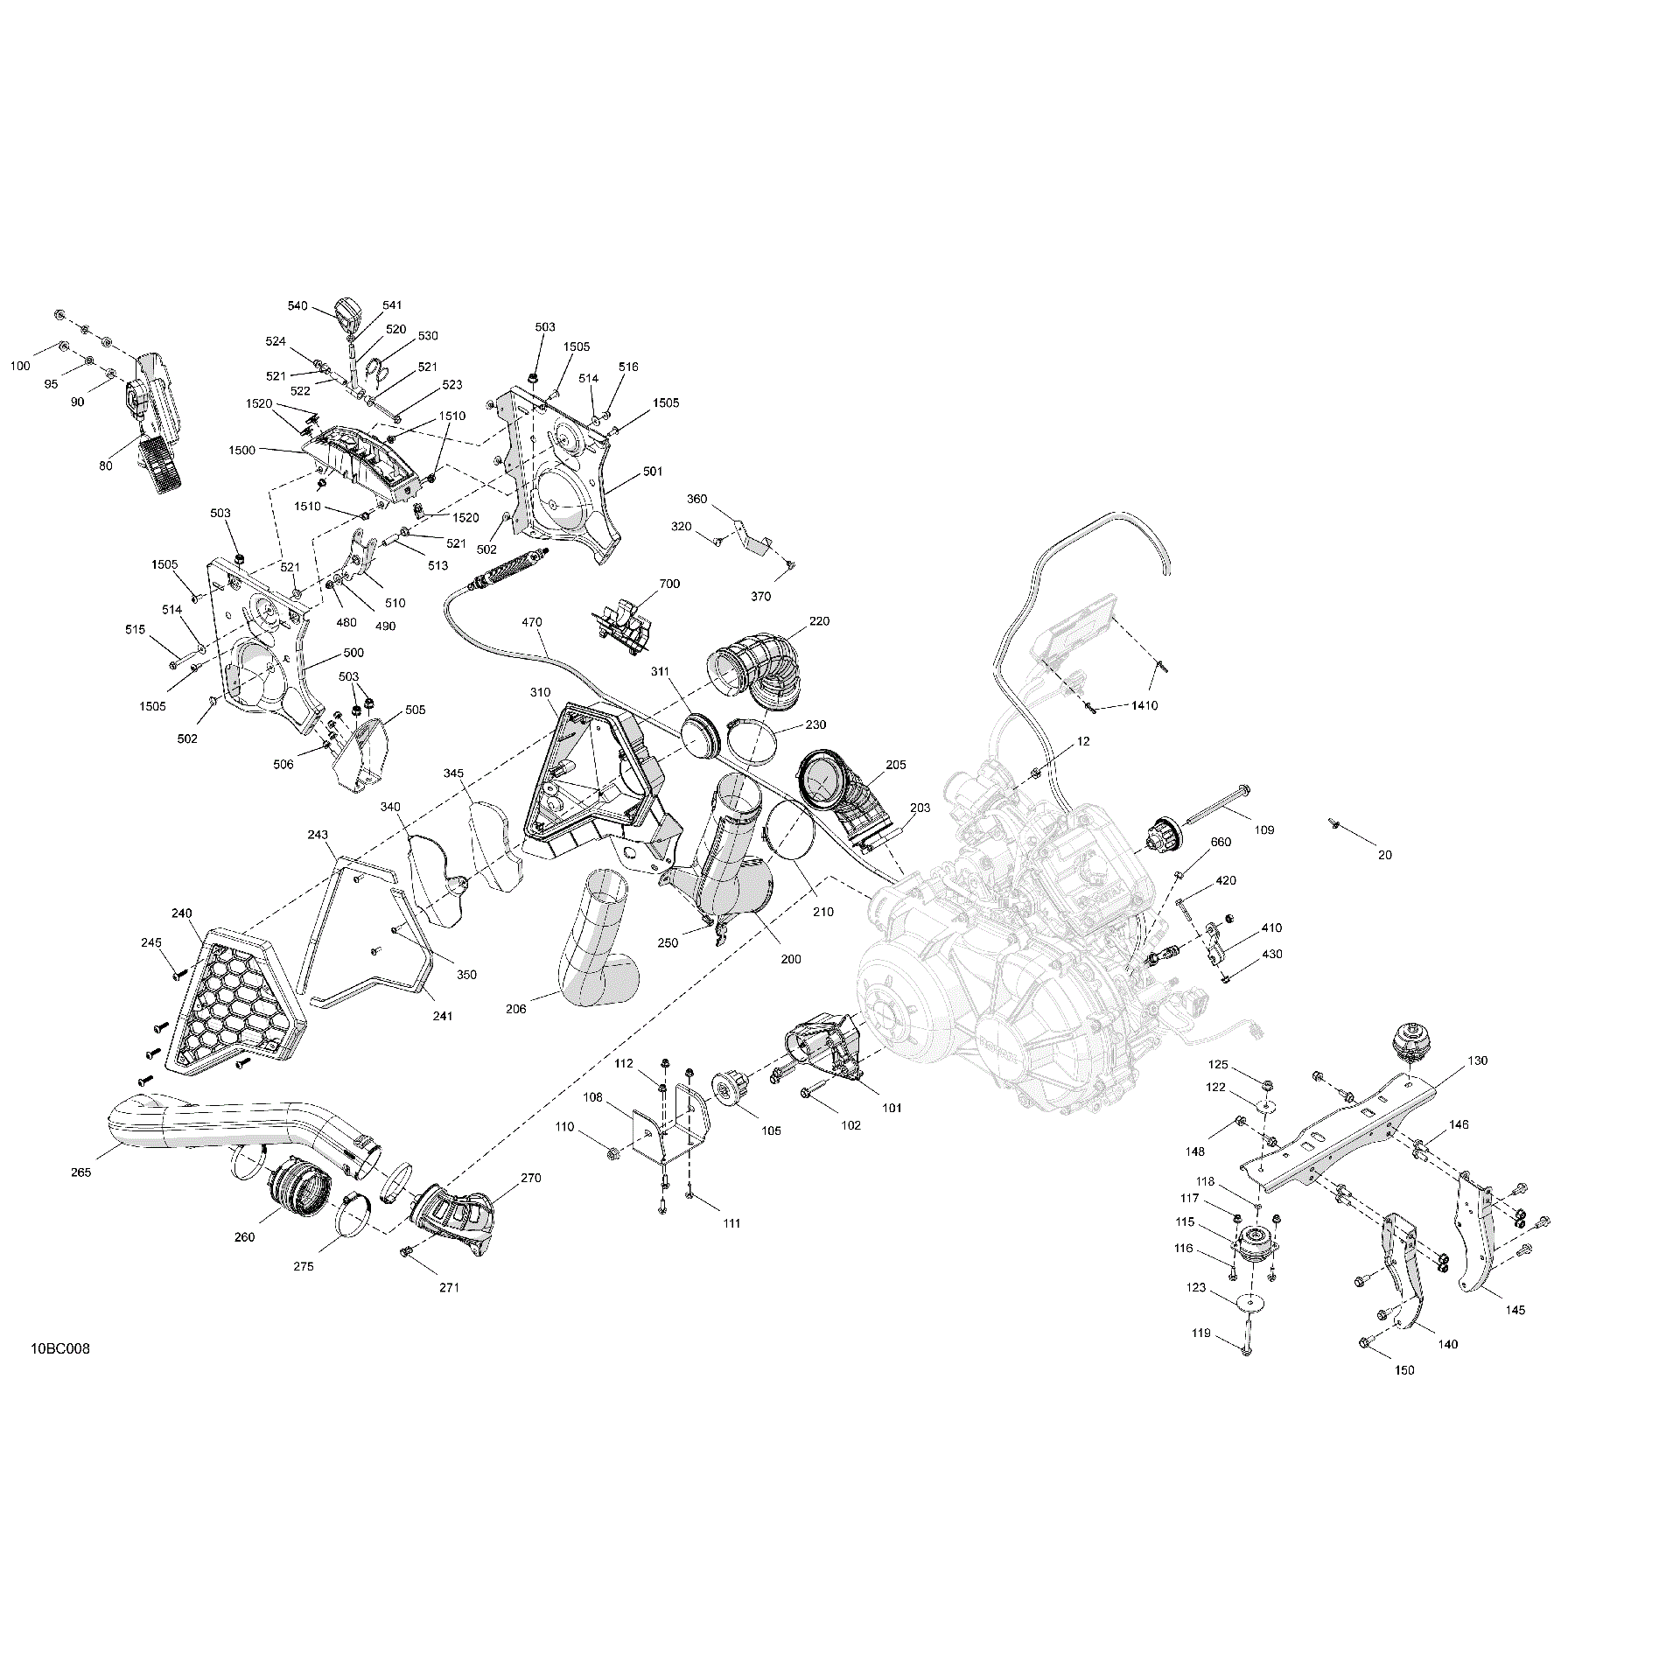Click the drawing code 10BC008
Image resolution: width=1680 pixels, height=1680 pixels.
click(x=59, y=1374)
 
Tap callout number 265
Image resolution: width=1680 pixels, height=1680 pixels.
click(x=81, y=1172)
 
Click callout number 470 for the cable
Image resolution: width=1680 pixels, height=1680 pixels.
click(x=532, y=623)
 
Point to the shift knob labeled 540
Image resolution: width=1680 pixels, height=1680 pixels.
click(x=349, y=311)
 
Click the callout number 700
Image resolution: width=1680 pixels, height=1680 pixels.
click(x=669, y=584)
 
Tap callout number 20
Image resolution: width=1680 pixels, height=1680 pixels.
click(x=1384, y=855)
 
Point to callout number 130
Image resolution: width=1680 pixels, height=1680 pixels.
click(x=1477, y=1060)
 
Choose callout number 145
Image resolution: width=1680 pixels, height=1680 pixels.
click(x=1515, y=1334)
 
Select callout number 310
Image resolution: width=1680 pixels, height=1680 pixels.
click(x=540, y=692)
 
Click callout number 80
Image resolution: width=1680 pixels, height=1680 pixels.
click(x=106, y=466)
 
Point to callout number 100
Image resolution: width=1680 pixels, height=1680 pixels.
click(x=20, y=366)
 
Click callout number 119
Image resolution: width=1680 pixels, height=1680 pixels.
click(x=1201, y=1357)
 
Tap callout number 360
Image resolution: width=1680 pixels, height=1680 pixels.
click(x=696, y=499)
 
